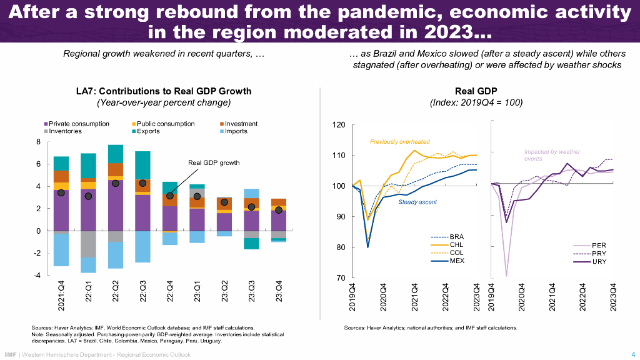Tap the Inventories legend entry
pos(65,131)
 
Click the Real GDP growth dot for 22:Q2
pos(115,183)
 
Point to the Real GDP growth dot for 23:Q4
pos(278,210)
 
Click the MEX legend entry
pos(457,261)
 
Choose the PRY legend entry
pos(598,253)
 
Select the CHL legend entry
pos(457,244)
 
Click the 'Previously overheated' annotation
pos(399,142)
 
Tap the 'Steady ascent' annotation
pos(417,202)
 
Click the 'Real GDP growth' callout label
pos(214,163)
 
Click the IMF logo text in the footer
pos(10,354)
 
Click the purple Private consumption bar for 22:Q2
pos(115,206)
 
